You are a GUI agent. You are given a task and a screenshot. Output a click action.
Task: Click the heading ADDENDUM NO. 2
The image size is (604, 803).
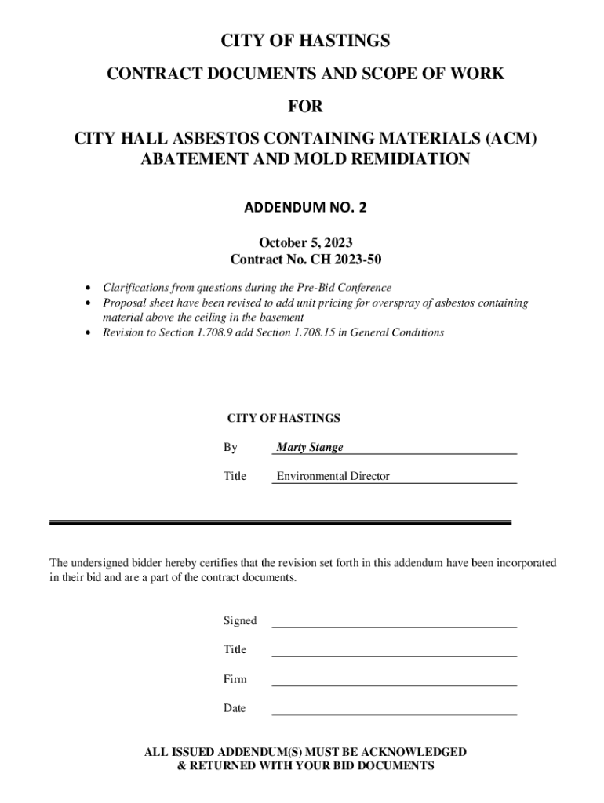305,208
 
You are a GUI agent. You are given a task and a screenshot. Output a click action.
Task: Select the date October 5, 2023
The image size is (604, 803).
305,243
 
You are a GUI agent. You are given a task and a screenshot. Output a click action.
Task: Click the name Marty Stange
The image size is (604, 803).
309,447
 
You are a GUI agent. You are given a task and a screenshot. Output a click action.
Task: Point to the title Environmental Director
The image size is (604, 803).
333,476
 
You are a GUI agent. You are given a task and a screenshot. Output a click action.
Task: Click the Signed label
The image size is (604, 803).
239,620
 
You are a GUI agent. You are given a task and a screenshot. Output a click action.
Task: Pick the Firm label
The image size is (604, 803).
235,679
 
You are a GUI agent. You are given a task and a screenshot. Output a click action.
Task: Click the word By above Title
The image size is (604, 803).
230,447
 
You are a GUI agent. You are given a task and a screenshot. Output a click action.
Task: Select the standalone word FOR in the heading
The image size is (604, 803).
305,106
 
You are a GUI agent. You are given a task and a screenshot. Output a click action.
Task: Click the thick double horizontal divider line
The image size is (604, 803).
280,521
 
